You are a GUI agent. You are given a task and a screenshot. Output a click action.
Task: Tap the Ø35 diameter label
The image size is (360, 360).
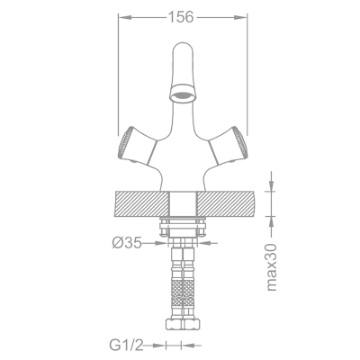click(128, 241)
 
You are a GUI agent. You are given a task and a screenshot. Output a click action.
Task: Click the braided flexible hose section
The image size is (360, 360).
click(182, 290)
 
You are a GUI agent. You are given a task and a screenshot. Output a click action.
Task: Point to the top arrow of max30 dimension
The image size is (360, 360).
click(271, 186)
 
